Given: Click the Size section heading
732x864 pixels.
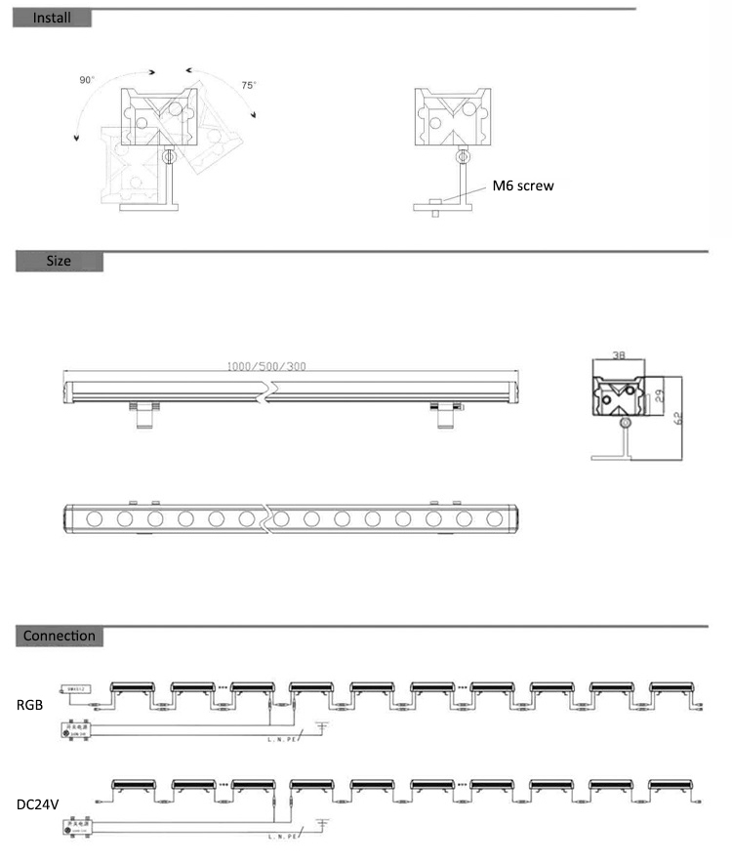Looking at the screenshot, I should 59,261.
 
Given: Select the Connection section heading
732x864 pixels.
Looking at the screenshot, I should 60,637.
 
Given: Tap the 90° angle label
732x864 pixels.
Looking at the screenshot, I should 87,80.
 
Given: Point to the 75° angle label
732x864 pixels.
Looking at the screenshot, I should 249,86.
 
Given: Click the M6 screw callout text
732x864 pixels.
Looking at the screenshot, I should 523,185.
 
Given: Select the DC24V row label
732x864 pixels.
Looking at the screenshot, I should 37,806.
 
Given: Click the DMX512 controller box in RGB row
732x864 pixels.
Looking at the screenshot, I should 77,689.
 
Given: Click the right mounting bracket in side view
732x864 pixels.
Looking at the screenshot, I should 443,414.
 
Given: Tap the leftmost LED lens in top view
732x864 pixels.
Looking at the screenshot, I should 96,518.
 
